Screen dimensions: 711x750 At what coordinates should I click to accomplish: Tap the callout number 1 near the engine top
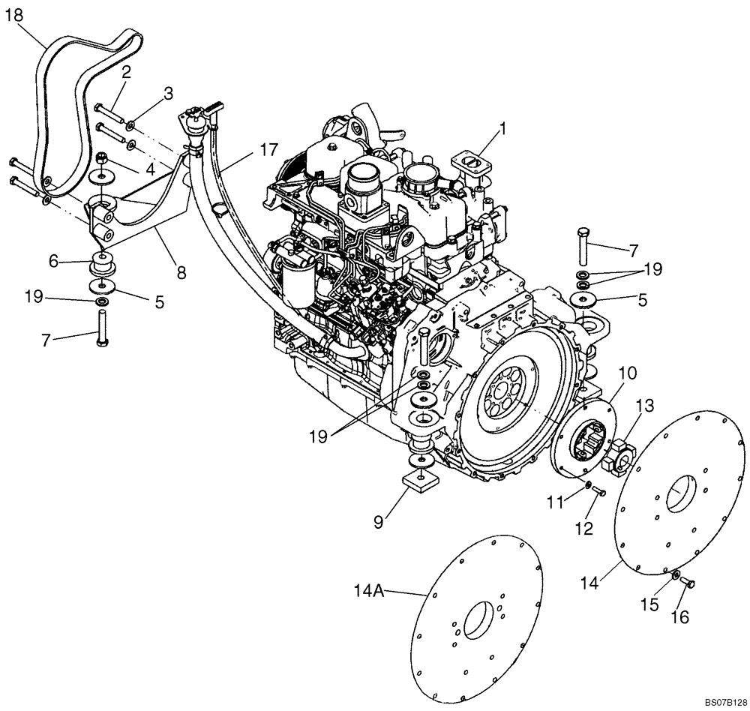point(504,128)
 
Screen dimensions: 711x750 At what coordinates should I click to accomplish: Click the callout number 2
point(126,72)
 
